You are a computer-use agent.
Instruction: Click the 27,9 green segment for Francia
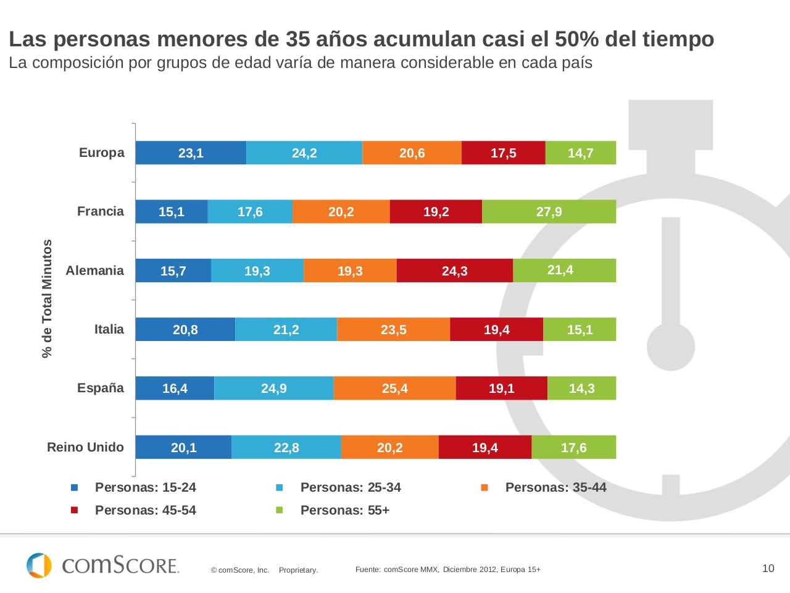click(549, 212)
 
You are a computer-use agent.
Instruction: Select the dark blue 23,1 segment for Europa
click(191, 153)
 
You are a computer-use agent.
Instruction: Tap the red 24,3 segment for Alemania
click(454, 271)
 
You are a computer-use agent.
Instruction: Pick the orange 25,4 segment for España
click(394, 389)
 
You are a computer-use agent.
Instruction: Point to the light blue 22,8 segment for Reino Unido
click(286, 448)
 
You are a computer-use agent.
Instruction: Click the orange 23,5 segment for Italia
click(393, 330)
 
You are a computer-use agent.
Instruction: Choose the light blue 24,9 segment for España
click(273, 389)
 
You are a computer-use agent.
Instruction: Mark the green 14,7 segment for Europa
click(581, 153)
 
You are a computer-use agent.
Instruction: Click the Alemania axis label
click(94, 271)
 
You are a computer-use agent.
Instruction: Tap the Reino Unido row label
click(85, 447)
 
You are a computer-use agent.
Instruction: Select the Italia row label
click(109, 329)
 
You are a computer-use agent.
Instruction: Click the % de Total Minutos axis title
click(48, 298)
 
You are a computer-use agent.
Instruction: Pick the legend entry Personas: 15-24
click(145, 487)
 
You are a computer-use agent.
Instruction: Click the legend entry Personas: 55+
click(344, 510)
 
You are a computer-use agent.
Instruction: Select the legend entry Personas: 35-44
click(555, 487)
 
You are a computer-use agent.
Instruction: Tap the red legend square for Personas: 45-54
click(75, 510)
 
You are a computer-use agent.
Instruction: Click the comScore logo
click(102, 565)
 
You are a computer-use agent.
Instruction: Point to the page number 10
click(768, 568)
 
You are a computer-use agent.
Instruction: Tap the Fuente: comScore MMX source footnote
click(447, 570)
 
